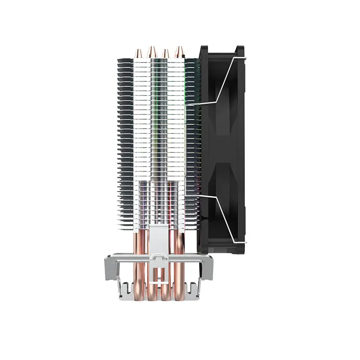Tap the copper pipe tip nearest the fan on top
point(180,50)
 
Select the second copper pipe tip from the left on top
point(152,50)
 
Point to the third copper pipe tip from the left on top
point(166,52)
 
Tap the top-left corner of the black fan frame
point(202,48)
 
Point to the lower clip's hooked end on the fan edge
point(245,243)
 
